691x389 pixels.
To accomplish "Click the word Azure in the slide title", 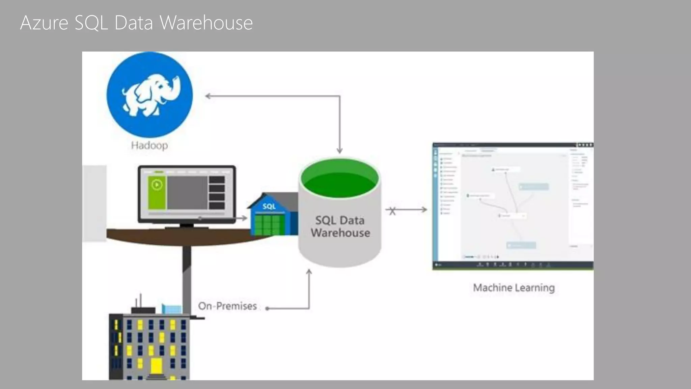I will coord(44,23).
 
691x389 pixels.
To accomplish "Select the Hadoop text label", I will coord(149,146).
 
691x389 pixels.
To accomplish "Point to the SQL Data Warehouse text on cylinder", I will coord(340,227).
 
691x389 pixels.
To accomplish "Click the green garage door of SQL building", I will coord(269,224).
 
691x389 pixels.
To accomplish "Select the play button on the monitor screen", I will coord(157,185).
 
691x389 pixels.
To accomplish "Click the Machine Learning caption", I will coord(514,288).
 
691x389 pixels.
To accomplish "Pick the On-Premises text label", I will coord(227,306).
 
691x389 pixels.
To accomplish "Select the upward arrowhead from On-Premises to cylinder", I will coord(309,272).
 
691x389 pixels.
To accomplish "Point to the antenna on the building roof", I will coord(140,300).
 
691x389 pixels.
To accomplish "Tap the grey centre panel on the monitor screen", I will coord(187,193).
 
